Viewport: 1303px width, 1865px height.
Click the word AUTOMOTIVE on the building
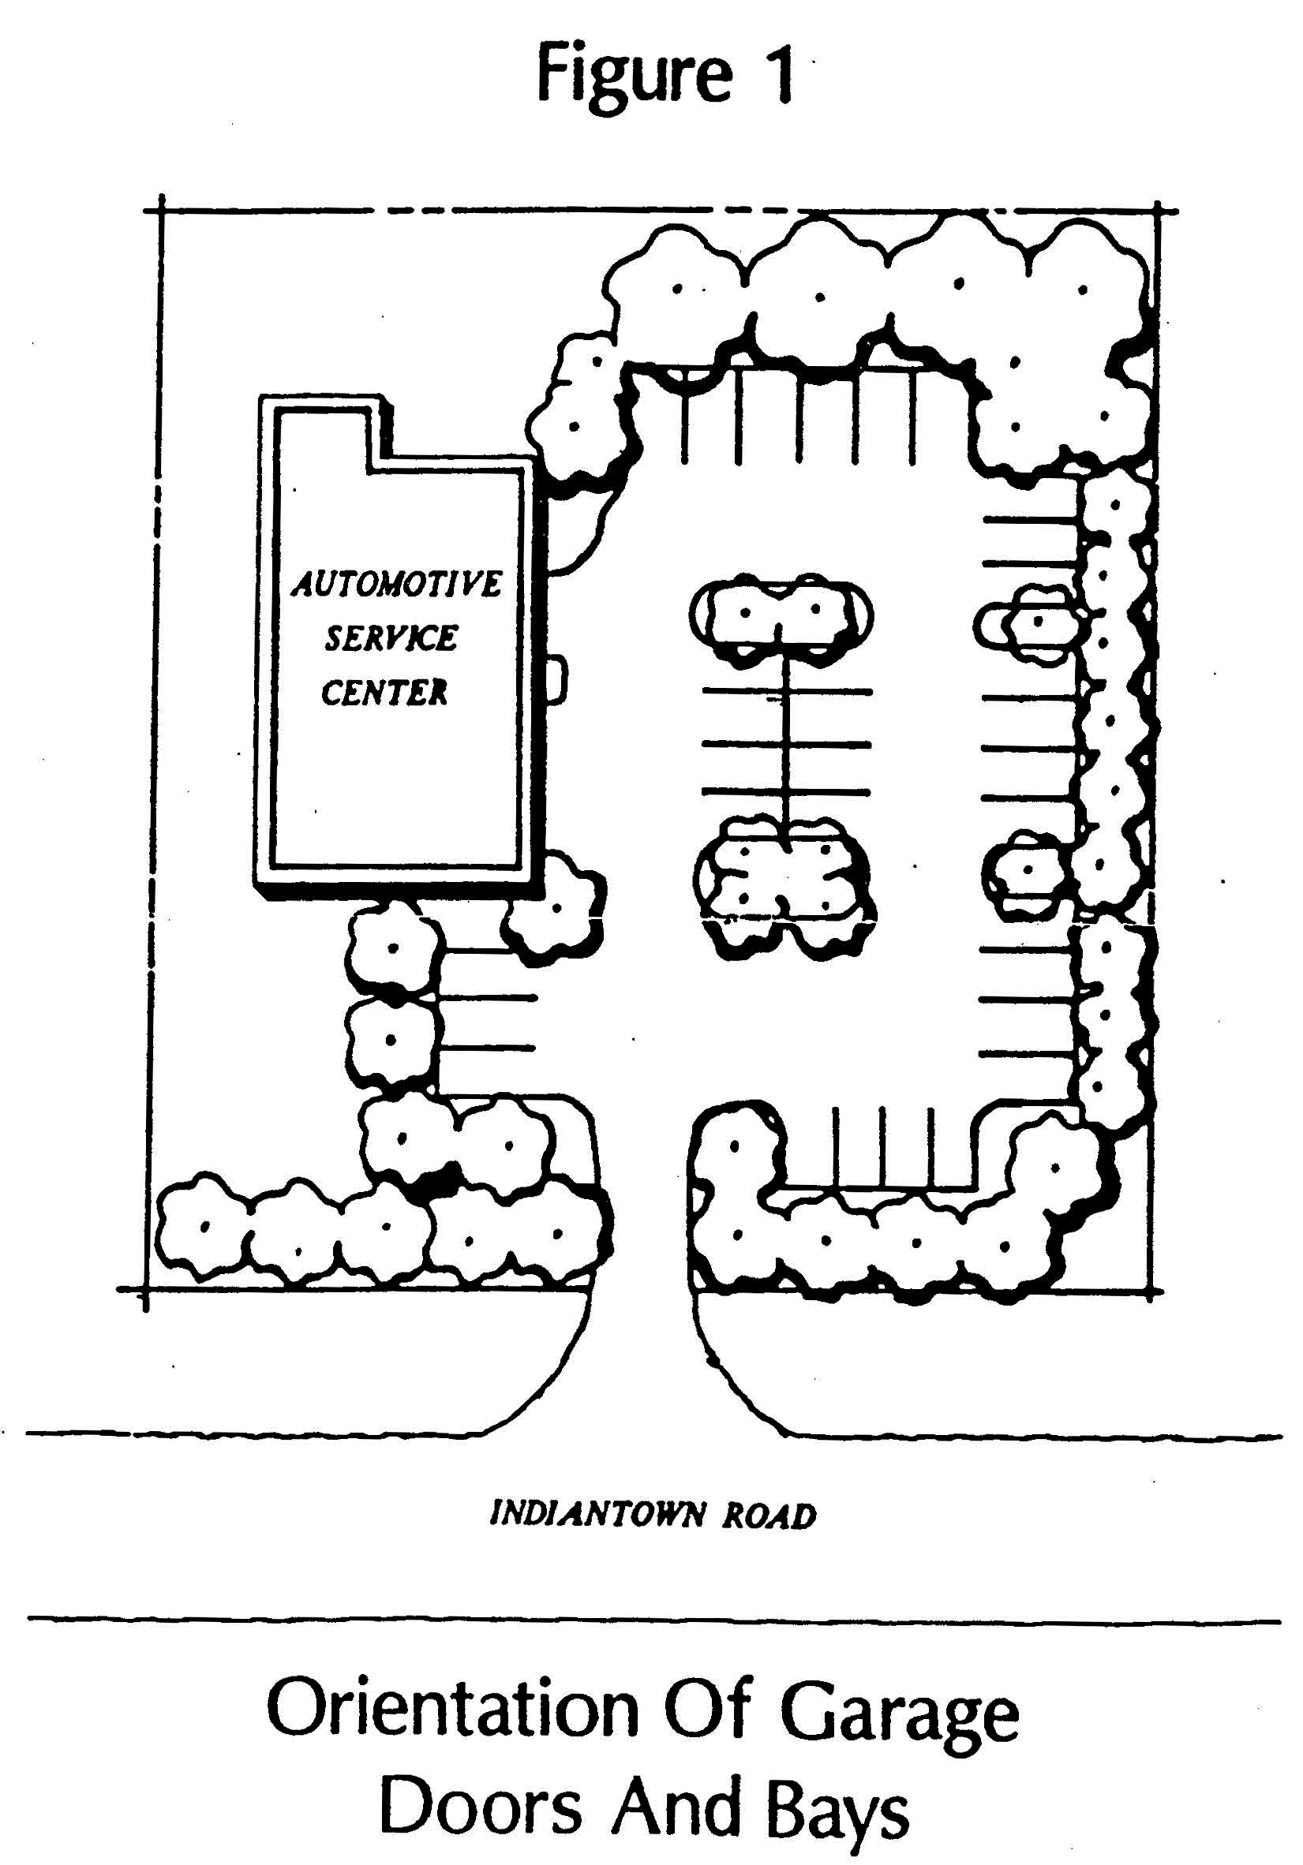click(396, 584)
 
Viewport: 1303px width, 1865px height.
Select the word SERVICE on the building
click(391, 638)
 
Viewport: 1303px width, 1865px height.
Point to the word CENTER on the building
click(384, 692)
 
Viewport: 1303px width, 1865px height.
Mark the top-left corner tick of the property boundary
click(161, 212)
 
